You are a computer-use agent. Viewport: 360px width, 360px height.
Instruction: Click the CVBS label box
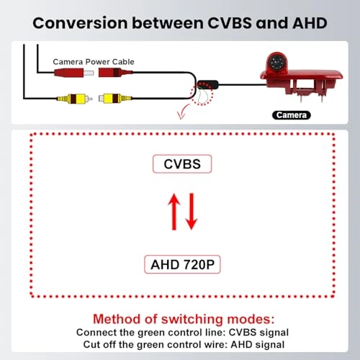coord(182,164)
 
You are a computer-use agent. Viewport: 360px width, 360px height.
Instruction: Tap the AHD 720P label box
coord(182,264)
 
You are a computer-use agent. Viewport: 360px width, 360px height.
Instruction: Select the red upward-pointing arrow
coord(174,212)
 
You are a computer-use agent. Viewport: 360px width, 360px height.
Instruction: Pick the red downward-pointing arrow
coord(192,212)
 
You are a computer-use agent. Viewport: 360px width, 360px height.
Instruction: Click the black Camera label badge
coord(292,115)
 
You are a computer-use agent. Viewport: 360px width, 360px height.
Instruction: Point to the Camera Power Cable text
coord(94,62)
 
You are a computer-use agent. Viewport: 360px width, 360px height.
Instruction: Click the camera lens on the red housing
coord(275,63)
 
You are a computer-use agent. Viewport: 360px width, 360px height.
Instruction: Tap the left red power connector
coord(74,73)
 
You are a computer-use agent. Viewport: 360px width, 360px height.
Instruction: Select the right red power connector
coord(115,72)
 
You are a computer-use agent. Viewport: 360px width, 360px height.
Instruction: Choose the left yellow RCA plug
coord(75,99)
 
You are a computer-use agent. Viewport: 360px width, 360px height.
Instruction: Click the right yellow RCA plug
coord(115,98)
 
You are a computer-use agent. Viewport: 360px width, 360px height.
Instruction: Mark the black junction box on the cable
coord(208,84)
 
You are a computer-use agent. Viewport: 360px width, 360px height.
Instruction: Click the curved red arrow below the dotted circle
coord(183,112)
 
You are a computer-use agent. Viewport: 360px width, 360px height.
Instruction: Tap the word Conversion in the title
coord(80,23)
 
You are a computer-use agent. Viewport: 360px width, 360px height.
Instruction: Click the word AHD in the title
coord(310,23)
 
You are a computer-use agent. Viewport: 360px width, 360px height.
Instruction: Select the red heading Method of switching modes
coord(184,319)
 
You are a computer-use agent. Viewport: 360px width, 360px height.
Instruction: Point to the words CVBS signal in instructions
coord(258,333)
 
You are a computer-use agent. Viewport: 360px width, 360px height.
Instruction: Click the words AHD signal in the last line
coord(258,345)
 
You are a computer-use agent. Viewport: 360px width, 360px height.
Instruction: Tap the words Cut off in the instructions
coord(100,345)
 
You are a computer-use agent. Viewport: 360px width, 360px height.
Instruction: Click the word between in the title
coord(168,23)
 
